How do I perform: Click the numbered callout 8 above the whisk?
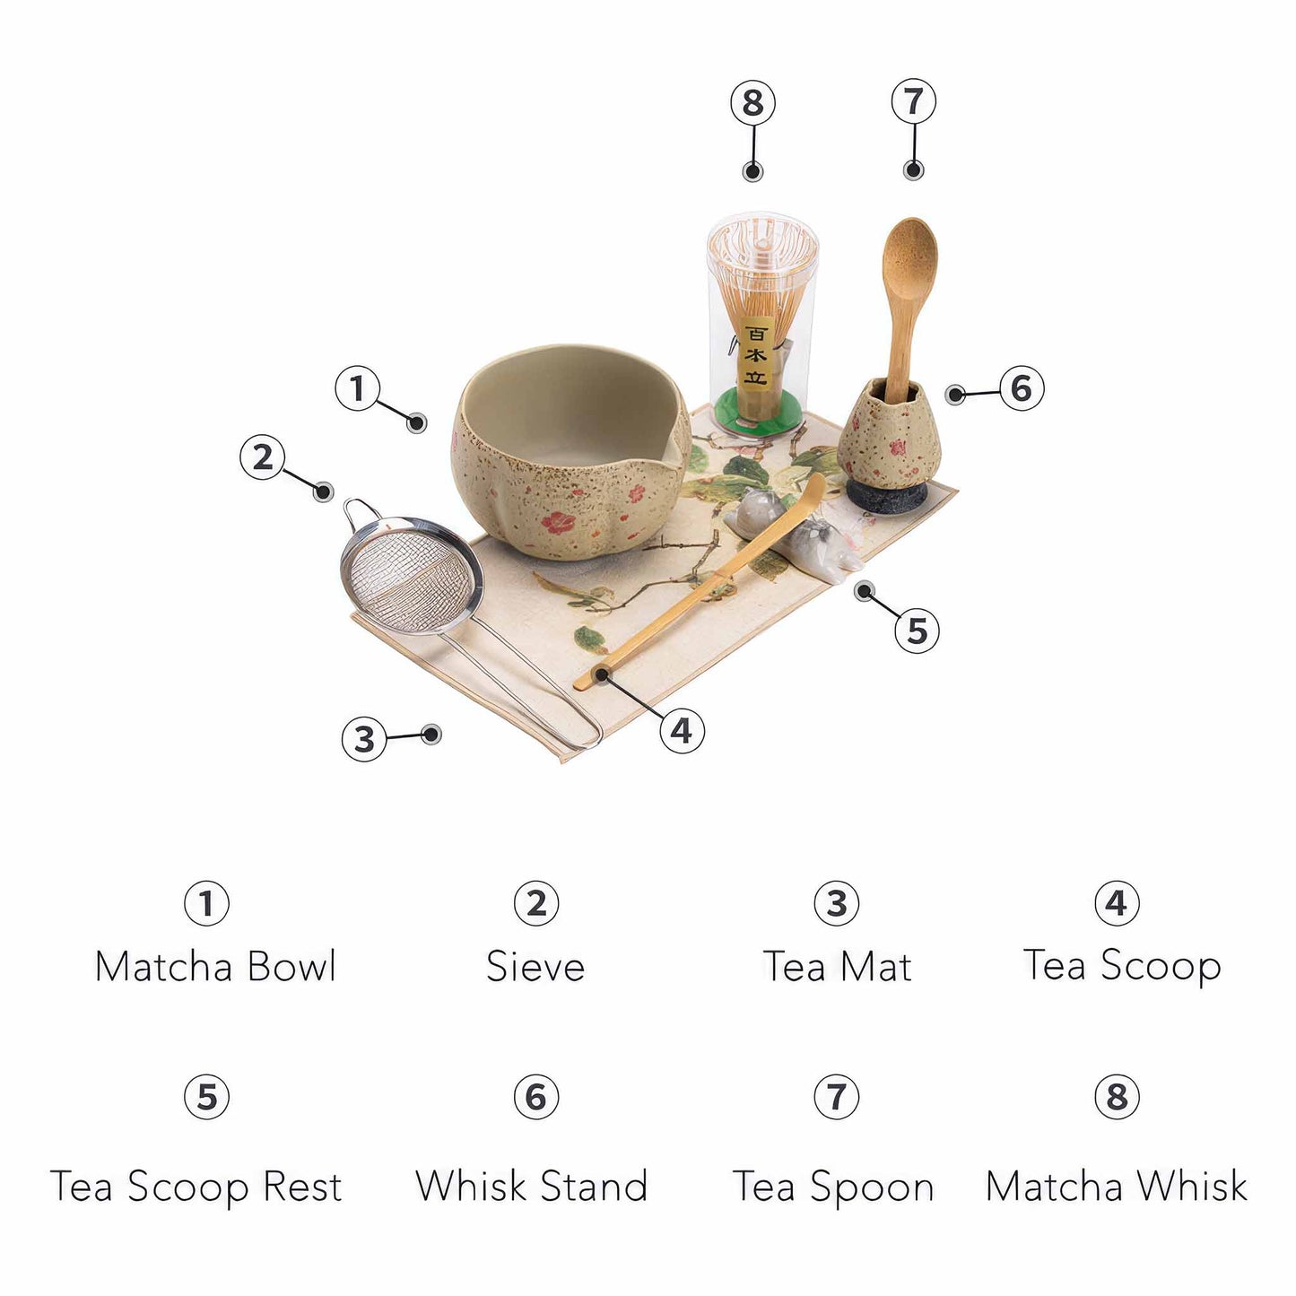point(752,102)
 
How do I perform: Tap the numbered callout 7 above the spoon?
point(913,100)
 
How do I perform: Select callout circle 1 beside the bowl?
point(358,388)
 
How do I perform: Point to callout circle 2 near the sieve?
point(262,457)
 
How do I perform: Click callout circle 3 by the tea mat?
point(363,739)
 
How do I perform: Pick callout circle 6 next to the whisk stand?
point(1021,388)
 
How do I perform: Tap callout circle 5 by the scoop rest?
point(917,630)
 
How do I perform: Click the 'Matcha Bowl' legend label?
point(215,966)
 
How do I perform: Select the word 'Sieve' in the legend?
point(535,967)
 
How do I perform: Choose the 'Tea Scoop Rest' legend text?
point(196,1186)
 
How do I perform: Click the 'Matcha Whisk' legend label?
point(1116,1186)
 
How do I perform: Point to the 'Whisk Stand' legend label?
point(531,1186)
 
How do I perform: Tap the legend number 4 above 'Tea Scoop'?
point(1117,903)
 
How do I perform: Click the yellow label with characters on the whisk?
point(755,354)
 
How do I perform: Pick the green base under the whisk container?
point(761,416)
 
